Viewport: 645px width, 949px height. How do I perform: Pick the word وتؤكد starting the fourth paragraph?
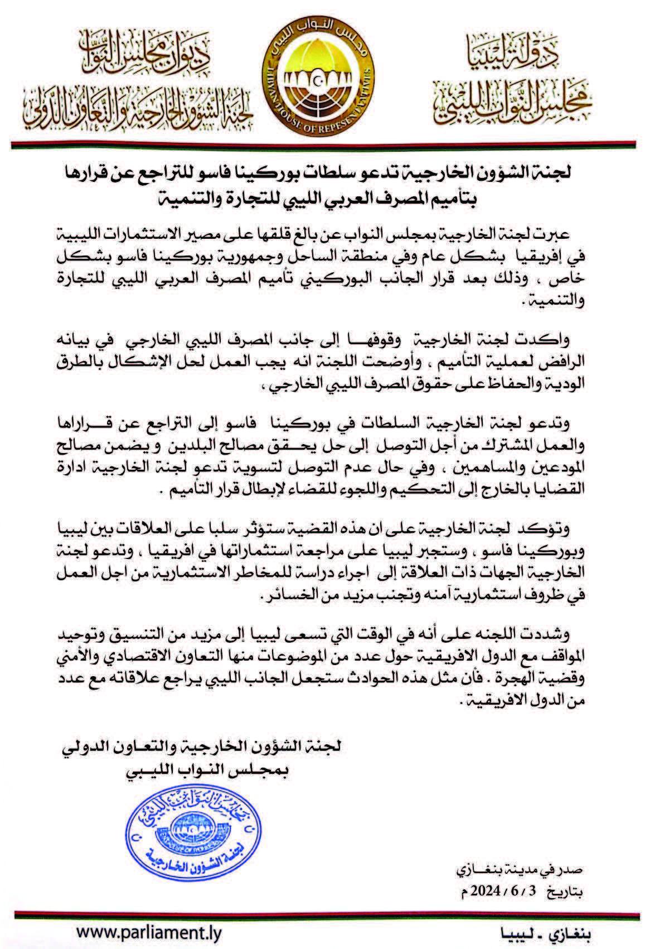point(551,529)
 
